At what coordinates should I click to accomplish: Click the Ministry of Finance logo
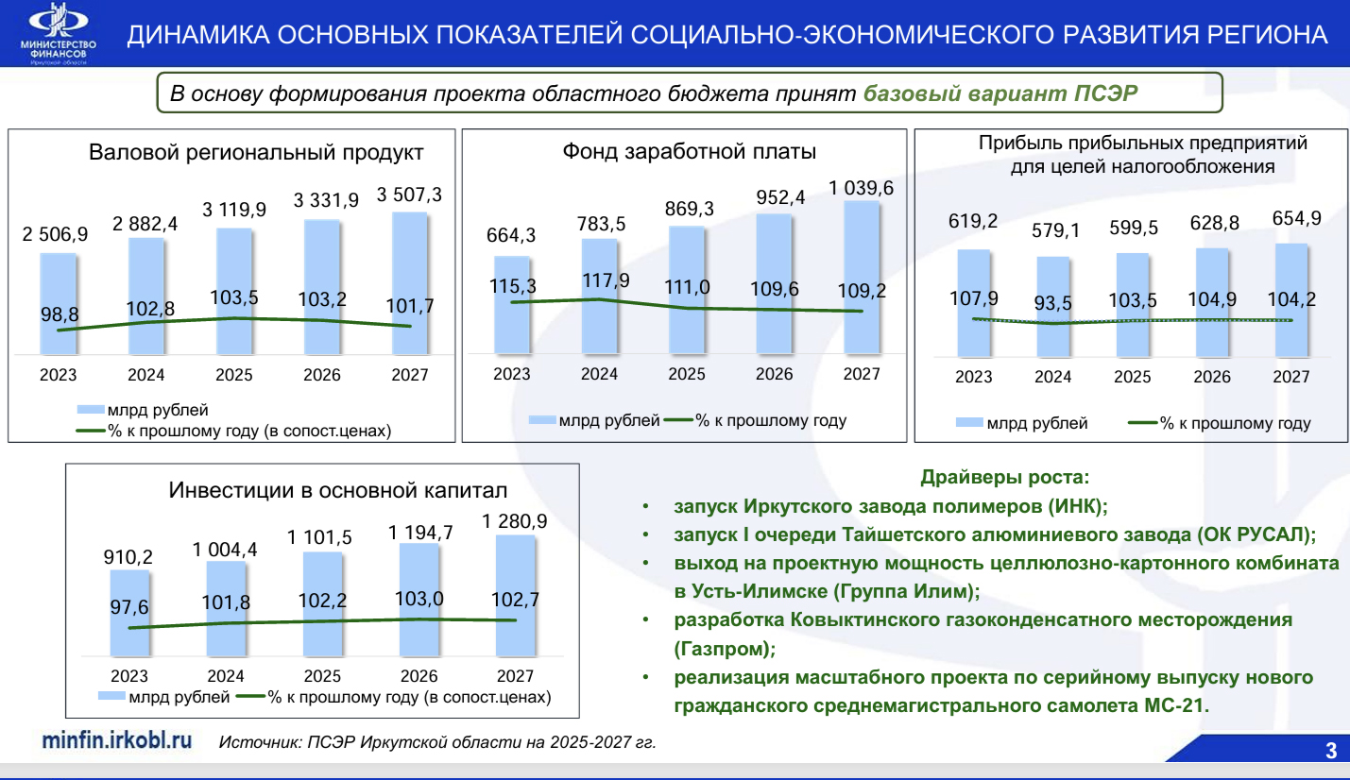point(59,33)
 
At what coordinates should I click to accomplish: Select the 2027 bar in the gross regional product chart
point(410,283)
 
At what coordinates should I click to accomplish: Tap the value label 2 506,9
point(55,233)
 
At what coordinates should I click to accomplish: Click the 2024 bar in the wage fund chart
point(599,296)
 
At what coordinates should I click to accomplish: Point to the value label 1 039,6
point(862,189)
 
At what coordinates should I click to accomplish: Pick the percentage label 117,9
point(606,280)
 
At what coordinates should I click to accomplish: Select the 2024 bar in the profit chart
point(1052,307)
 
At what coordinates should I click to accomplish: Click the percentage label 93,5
point(1052,303)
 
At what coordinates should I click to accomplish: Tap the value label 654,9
point(1297,218)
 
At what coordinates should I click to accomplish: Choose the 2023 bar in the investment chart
point(129,613)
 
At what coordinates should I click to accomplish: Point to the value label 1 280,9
point(515,521)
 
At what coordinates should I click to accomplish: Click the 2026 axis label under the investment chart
point(419,676)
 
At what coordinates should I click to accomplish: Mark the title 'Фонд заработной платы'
point(690,151)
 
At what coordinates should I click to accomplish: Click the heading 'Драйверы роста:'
point(1004,477)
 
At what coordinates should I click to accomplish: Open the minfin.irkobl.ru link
point(117,740)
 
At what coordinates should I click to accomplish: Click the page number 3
point(1331,751)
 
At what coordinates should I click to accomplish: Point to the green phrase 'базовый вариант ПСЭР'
point(1000,93)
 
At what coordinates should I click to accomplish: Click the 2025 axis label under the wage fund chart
point(687,374)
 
